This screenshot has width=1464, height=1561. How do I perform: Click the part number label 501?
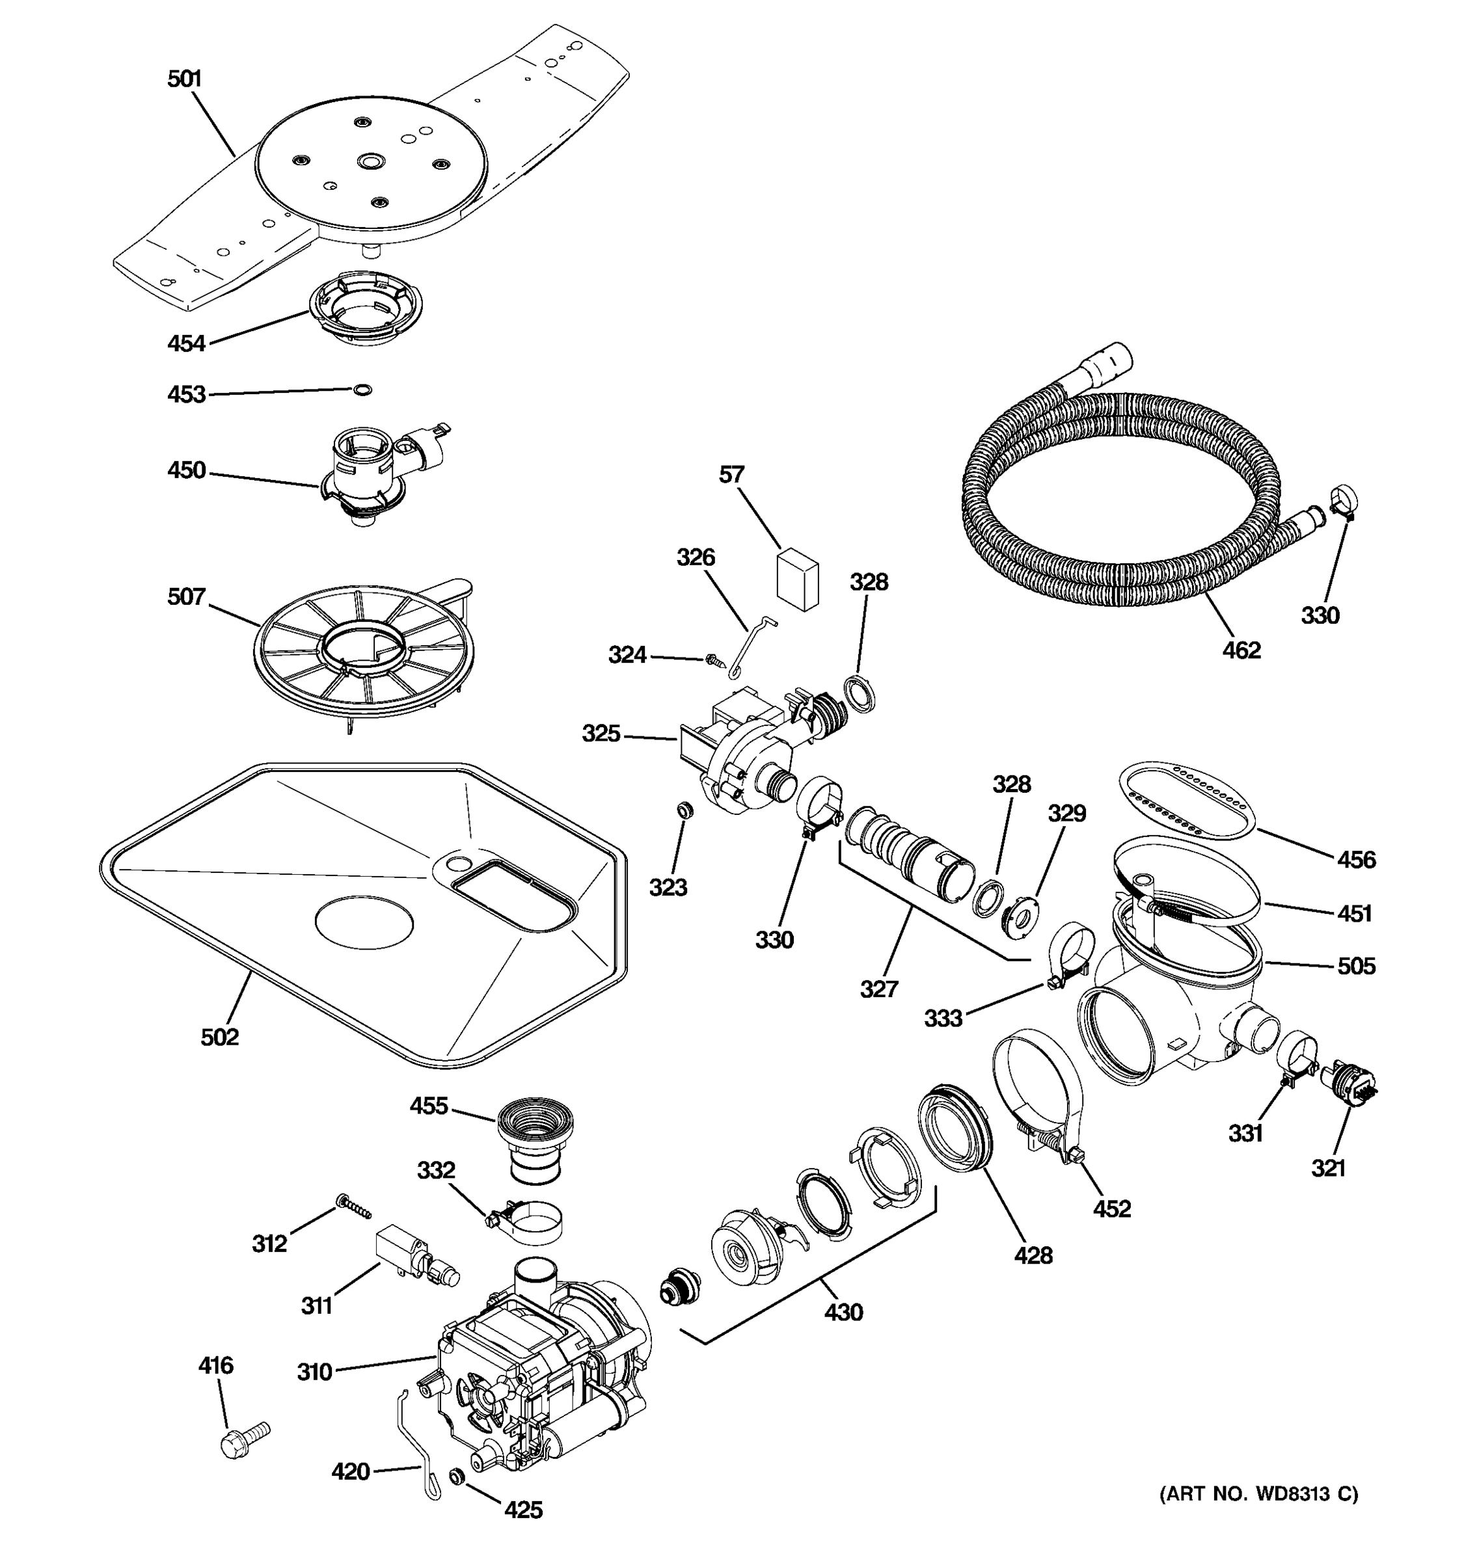(x=185, y=79)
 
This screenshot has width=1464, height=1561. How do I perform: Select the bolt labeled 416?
(x=243, y=1439)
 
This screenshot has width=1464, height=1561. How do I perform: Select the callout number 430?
(x=843, y=1311)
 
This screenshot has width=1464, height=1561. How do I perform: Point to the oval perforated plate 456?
(x=1186, y=799)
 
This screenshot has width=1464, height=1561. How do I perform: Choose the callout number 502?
(x=219, y=1037)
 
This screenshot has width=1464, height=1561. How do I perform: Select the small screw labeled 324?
(x=714, y=660)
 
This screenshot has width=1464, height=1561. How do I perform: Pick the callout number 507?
(x=186, y=597)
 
